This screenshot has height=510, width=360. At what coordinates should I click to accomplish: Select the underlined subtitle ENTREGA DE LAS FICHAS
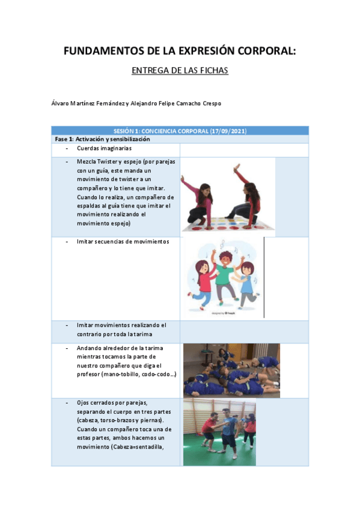click(x=180, y=70)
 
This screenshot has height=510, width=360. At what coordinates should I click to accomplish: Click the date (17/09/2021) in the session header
click(x=225, y=131)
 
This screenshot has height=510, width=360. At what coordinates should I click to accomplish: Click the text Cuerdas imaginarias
click(x=104, y=147)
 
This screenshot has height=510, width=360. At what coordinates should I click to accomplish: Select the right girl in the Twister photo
click(x=245, y=195)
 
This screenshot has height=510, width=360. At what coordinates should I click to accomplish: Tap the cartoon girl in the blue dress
click(x=247, y=284)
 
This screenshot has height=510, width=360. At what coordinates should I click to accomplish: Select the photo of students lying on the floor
click(x=231, y=370)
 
